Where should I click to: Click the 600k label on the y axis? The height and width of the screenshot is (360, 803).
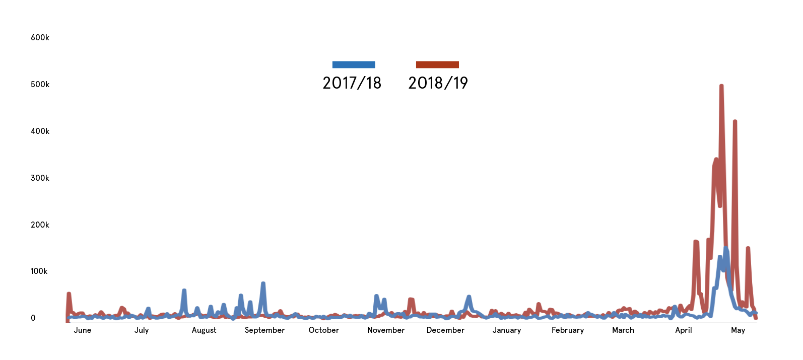click(40, 38)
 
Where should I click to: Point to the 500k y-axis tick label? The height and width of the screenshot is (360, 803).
click(40, 85)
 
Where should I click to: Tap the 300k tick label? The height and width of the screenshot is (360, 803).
click(40, 178)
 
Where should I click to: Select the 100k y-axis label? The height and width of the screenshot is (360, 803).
click(40, 271)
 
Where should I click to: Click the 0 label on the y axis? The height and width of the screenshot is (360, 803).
click(33, 318)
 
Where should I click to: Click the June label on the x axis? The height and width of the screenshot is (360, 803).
click(83, 330)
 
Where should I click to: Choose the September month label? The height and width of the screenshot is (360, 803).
click(264, 330)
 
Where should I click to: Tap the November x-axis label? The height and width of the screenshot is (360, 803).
click(386, 330)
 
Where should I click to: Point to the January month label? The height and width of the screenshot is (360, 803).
click(507, 330)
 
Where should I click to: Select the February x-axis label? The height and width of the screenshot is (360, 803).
click(568, 330)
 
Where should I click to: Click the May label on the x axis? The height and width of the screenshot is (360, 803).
click(738, 330)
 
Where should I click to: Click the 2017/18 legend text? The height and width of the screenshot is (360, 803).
click(352, 83)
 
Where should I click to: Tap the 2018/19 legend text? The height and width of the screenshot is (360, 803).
click(438, 83)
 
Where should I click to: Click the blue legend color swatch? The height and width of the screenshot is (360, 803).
click(354, 64)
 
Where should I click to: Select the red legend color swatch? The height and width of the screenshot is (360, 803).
click(437, 64)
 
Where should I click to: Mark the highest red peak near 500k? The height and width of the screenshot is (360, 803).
click(721, 86)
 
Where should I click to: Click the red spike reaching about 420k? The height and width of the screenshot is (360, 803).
click(735, 122)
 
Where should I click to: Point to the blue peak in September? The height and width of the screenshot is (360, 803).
click(263, 284)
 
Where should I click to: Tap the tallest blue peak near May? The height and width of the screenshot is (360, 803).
click(726, 248)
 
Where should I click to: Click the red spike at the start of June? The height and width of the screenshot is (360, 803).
click(69, 294)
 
